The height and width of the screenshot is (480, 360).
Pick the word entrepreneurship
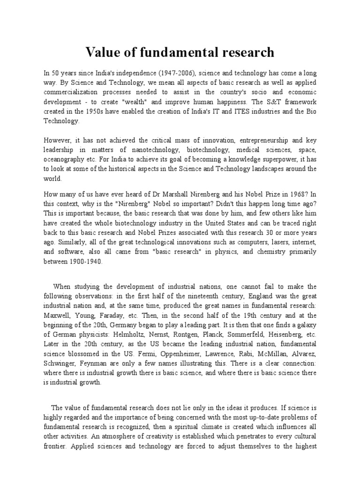[x=265, y=140]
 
